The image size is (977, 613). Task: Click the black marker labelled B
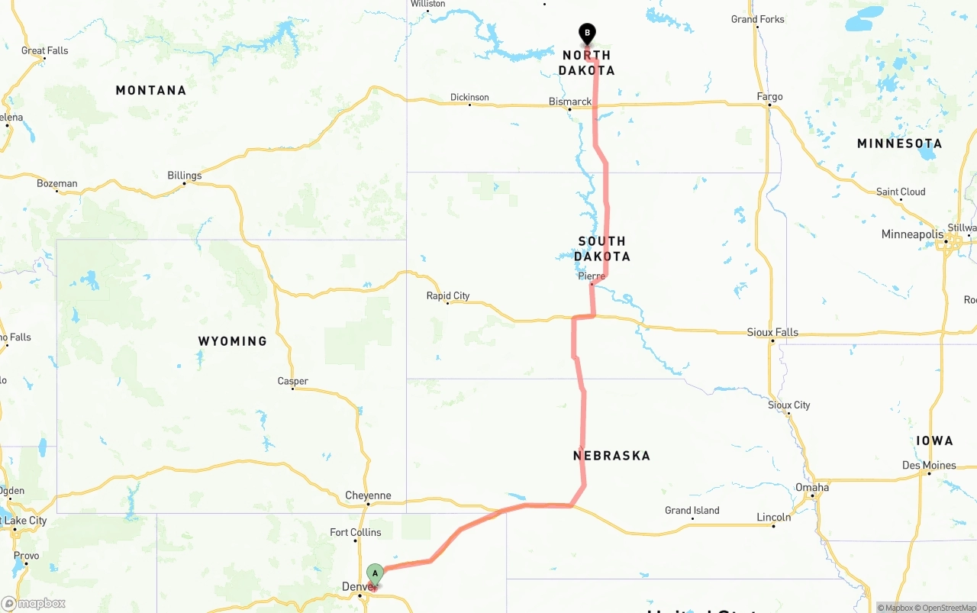coord(587,34)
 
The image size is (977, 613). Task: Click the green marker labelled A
coord(375,574)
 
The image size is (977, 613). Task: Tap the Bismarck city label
coord(570,102)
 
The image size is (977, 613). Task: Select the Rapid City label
coord(448,295)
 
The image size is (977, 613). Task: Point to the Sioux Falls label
coord(772,332)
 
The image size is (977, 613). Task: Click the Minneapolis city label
coord(912,234)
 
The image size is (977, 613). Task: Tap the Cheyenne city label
coord(368,495)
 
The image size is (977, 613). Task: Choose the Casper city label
coord(293,381)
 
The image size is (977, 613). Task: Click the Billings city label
coord(185,176)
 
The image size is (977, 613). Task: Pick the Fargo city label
coord(769,97)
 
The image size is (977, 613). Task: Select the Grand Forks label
coord(757,19)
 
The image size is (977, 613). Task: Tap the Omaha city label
coord(812,487)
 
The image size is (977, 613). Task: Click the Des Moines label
coord(929,465)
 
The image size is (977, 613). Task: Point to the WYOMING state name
coord(233,341)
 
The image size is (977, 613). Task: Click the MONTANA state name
coord(151,90)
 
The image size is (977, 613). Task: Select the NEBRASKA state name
coord(611,456)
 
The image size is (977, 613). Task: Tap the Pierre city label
coord(592,276)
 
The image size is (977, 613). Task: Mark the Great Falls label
coord(45,50)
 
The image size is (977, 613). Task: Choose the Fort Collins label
coord(356,532)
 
